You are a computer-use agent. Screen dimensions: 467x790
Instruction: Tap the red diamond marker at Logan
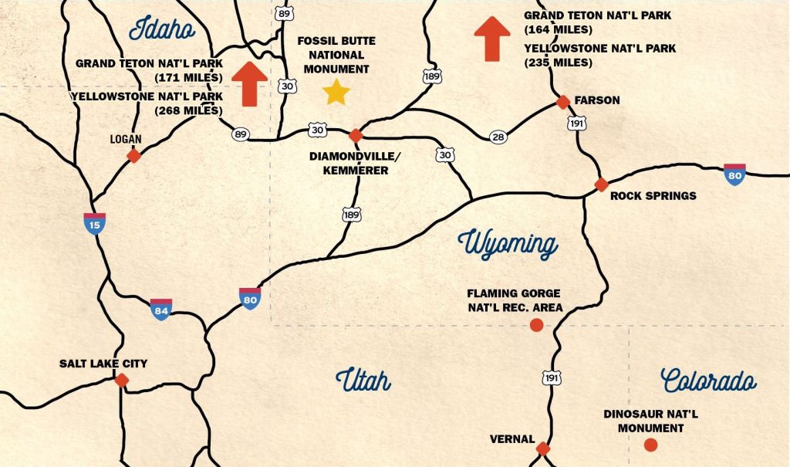(x=133, y=156)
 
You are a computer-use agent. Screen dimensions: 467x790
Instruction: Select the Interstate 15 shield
(x=95, y=223)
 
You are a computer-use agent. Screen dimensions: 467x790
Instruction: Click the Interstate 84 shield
(x=161, y=309)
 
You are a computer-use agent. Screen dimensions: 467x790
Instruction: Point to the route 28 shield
(x=498, y=137)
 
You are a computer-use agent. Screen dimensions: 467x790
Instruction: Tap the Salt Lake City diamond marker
(x=121, y=380)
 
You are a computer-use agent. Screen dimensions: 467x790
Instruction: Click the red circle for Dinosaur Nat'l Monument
(x=650, y=445)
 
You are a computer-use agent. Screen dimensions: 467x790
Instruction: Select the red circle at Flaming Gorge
(x=537, y=325)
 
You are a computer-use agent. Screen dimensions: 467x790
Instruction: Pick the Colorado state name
(x=708, y=380)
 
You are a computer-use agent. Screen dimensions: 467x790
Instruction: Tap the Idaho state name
(x=162, y=29)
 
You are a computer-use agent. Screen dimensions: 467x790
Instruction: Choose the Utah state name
(x=363, y=380)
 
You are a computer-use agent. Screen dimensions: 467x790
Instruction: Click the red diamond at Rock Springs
(x=601, y=184)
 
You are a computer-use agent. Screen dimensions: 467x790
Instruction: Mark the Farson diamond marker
(x=563, y=101)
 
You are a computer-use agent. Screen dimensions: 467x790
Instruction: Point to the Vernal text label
(x=512, y=439)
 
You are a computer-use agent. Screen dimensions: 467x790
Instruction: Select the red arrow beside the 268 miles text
(x=249, y=83)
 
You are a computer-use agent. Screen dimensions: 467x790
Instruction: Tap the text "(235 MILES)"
(x=559, y=63)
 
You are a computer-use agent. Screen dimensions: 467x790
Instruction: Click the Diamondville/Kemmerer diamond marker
(x=355, y=136)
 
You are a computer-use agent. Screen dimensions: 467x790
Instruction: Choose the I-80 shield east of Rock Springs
(x=734, y=174)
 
